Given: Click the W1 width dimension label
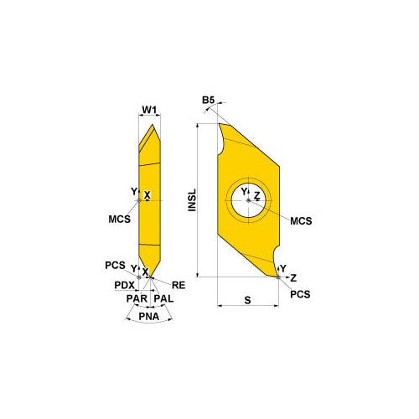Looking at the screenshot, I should (x=147, y=109).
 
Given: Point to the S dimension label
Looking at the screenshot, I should (x=249, y=298).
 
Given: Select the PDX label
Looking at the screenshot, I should (x=124, y=285).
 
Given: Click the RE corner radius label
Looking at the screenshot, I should (x=178, y=285).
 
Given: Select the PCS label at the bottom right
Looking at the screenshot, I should (x=298, y=296).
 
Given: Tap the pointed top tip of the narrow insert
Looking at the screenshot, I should (x=151, y=127).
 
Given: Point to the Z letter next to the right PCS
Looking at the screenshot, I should (x=292, y=277).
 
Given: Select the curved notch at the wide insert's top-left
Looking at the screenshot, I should (x=223, y=138).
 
